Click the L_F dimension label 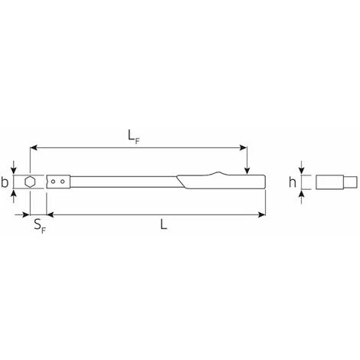coord(134,137)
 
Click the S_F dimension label coord(40,226)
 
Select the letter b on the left coord(5,182)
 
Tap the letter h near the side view coord(293,182)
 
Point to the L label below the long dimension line coord(163,224)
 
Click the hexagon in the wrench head coord(29,182)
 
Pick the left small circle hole coord(53,182)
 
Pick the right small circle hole coord(63,182)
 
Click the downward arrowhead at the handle coord(247,171)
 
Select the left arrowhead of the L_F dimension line coord(34,148)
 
